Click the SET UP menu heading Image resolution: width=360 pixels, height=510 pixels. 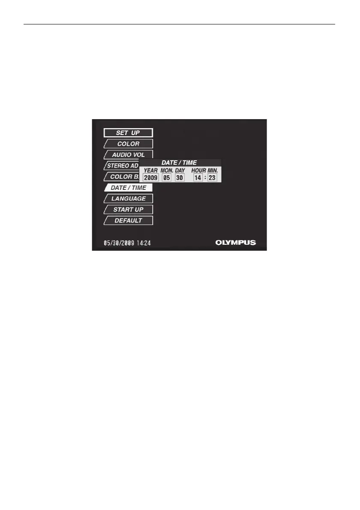128,133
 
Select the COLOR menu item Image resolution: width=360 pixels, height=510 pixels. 128,144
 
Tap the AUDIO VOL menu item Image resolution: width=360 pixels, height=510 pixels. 128,155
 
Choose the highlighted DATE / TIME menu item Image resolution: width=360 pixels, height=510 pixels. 128,188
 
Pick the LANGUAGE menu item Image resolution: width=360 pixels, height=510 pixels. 128,198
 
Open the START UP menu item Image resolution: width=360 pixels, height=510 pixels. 128,210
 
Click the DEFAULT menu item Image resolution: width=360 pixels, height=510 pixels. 128,221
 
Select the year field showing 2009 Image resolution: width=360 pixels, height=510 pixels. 150,177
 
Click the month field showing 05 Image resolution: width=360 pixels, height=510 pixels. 167,177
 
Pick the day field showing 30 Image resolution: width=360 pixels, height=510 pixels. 180,177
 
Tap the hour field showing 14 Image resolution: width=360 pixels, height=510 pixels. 198,177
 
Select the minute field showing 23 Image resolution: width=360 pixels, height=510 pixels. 212,177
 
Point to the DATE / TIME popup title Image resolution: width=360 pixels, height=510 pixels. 179,163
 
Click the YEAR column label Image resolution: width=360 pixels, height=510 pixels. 150,171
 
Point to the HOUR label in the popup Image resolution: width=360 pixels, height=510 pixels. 198,171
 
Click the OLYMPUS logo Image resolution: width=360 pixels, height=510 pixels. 235,243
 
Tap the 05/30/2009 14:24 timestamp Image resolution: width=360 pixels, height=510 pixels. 127,243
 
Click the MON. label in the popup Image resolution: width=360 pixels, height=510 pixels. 167,171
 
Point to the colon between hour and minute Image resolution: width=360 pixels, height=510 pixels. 205,177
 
